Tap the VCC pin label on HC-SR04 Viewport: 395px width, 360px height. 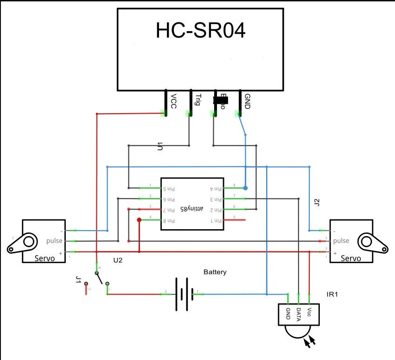(173, 102)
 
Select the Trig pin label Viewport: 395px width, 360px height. (197, 100)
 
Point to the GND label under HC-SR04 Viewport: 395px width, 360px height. (247, 102)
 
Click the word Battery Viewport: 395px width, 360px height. (215, 272)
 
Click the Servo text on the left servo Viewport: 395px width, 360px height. (45, 258)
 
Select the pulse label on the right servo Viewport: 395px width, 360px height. (341, 241)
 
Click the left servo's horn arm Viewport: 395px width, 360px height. (20, 244)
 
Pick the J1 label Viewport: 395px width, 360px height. (78, 280)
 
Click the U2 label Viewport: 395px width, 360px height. (118, 260)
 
